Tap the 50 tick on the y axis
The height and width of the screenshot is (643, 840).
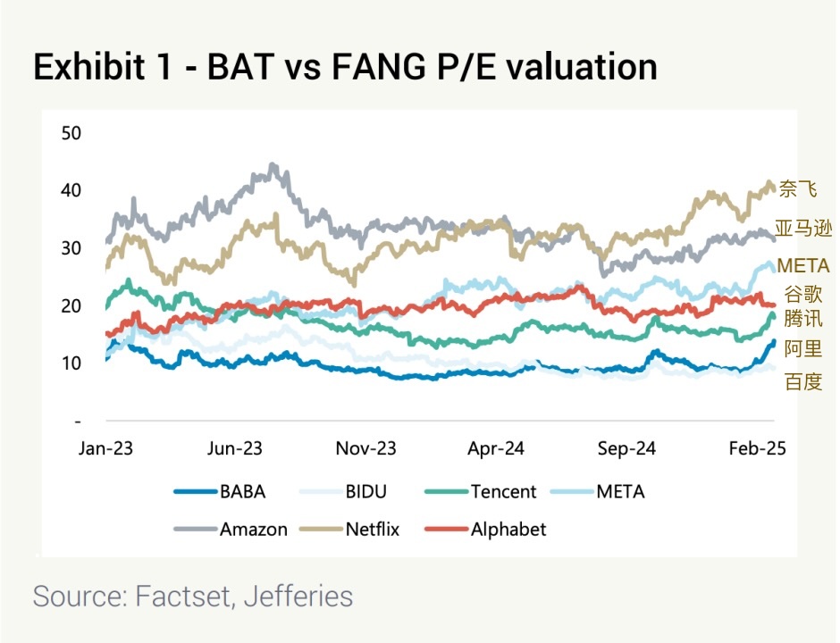coord(71,133)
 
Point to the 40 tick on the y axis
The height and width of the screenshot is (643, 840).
coord(71,190)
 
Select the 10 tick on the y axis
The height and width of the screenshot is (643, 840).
coord(71,363)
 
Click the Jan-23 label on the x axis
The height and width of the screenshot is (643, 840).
coord(105,448)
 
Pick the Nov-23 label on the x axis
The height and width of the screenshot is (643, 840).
coord(365,448)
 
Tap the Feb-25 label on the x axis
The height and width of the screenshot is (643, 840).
coord(757,448)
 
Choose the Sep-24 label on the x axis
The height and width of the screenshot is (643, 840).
coord(626,448)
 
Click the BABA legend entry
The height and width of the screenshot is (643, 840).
coord(242,491)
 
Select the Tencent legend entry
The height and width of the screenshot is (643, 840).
coord(503,491)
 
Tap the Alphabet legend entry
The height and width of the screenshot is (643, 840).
coord(508,529)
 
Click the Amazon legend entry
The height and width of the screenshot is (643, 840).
coord(254,529)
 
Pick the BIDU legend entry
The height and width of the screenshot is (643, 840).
coord(365,491)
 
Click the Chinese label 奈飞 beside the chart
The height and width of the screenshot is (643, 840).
coord(798,189)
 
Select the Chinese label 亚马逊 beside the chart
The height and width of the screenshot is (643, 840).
coord(803,228)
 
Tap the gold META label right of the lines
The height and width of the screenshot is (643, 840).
coord(803,266)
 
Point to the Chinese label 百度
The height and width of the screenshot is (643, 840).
coord(802,382)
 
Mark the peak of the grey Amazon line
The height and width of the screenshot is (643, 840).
coord(273,166)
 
